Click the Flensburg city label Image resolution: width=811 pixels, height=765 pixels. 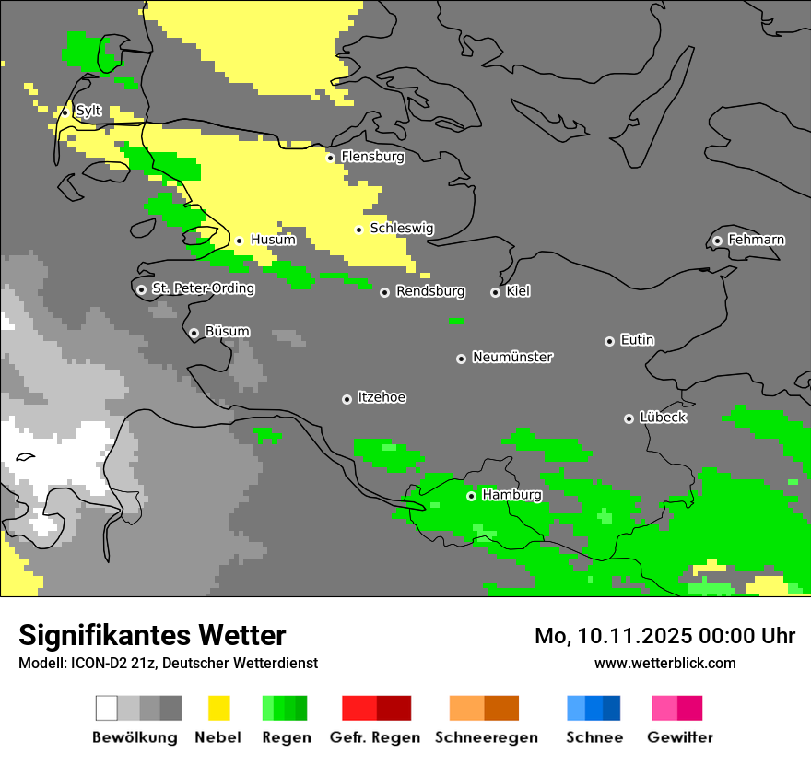pyautogui.click(x=372, y=157)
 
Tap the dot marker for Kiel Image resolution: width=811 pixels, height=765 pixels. pyautogui.click(x=495, y=292)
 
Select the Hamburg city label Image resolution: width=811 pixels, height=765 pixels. pyautogui.click(x=511, y=495)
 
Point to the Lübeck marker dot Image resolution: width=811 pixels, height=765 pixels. pyautogui.click(x=629, y=418)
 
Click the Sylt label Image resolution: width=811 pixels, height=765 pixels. pyautogui.click(x=88, y=112)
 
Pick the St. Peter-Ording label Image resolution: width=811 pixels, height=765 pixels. pyautogui.click(x=203, y=288)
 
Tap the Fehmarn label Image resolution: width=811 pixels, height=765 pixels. pyautogui.click(x=756, y=240)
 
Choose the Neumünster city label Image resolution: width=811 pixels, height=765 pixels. pyautogui.click(x=511, y=357)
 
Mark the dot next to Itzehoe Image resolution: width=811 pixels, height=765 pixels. pyautogui.click(x=347, y=399)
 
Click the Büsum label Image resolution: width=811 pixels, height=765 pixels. pyautogui.click(x=227, y=332)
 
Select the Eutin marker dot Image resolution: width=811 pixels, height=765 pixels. pyautogui.click(x=609, y=341)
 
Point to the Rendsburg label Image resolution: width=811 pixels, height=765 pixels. pyautogui.click(x=430, y=291)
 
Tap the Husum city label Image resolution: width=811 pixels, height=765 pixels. pyautogui.click(x=273, y=240)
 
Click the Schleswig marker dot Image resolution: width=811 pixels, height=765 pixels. pyautogui.click(x=358, y=229)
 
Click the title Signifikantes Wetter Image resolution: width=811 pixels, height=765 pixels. pyautogui.click(x=152, y=636)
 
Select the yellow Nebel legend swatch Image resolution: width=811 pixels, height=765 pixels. pyautogui.click(x=218, y=708)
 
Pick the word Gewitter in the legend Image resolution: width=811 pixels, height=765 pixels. pyautogui.click(x=679, y=737)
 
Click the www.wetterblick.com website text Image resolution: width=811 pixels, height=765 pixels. pyautogui.click(x=664, y=664)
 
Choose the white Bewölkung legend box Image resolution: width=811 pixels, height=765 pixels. pyautogui.click(x=107, y=708)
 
